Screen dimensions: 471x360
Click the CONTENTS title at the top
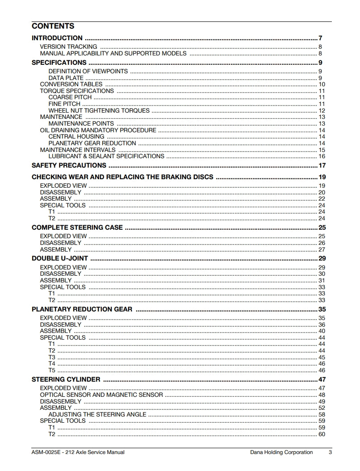click(53, 26)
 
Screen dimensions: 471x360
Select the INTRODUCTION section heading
click(57, 38)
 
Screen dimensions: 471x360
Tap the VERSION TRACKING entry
click(68, 46)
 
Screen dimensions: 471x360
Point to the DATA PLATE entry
click(66, 78)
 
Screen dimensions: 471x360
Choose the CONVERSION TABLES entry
click(71, 84)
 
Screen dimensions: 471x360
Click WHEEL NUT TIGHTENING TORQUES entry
click(99, 110)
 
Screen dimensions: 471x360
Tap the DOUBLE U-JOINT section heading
click(60, 258)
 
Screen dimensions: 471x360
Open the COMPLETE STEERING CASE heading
click(77, 227)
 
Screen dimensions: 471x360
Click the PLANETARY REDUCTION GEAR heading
click(82, 309)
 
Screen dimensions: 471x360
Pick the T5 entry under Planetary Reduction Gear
click(52, 370)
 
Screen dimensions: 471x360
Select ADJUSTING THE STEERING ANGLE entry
click(97, 414)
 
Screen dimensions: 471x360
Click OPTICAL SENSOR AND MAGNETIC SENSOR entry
click(101, 395)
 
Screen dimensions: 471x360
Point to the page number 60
click(322, 434)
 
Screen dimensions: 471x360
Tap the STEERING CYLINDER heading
click(66, 380)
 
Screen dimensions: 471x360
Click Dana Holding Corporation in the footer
click(281, 452)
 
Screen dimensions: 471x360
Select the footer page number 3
click(330, 452)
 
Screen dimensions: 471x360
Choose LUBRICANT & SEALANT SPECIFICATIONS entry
click(106, 156)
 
